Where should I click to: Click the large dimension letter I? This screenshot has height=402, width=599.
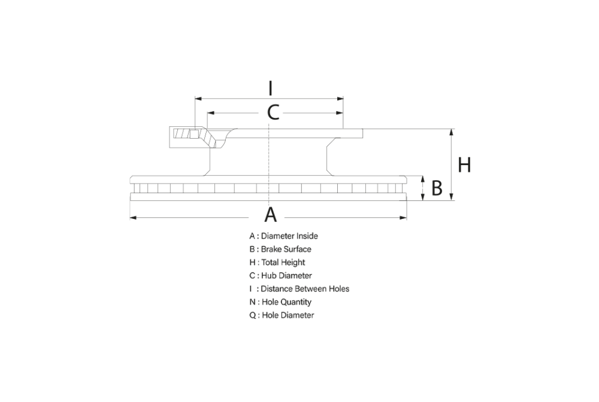tap(271, 88)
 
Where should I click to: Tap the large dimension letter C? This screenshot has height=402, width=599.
tap(273, 112)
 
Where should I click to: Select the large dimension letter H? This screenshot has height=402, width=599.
tap(464, 165)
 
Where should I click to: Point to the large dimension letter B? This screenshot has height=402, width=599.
tap(437, 188)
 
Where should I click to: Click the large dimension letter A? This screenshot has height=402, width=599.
tap(271, 215)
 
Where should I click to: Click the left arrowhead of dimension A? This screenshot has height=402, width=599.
tap(133, 218)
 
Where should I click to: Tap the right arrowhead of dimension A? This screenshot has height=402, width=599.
tap(403, 218)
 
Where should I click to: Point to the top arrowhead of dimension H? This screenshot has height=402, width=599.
tap(452, 132)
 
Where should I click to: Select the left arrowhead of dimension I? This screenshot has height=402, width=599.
tap(198, 99)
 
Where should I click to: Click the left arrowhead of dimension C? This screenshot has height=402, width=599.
tap(210, 113)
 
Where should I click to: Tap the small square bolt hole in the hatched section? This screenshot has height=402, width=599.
tap(194, 134)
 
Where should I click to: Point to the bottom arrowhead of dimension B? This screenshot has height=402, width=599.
tap(422, 197)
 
